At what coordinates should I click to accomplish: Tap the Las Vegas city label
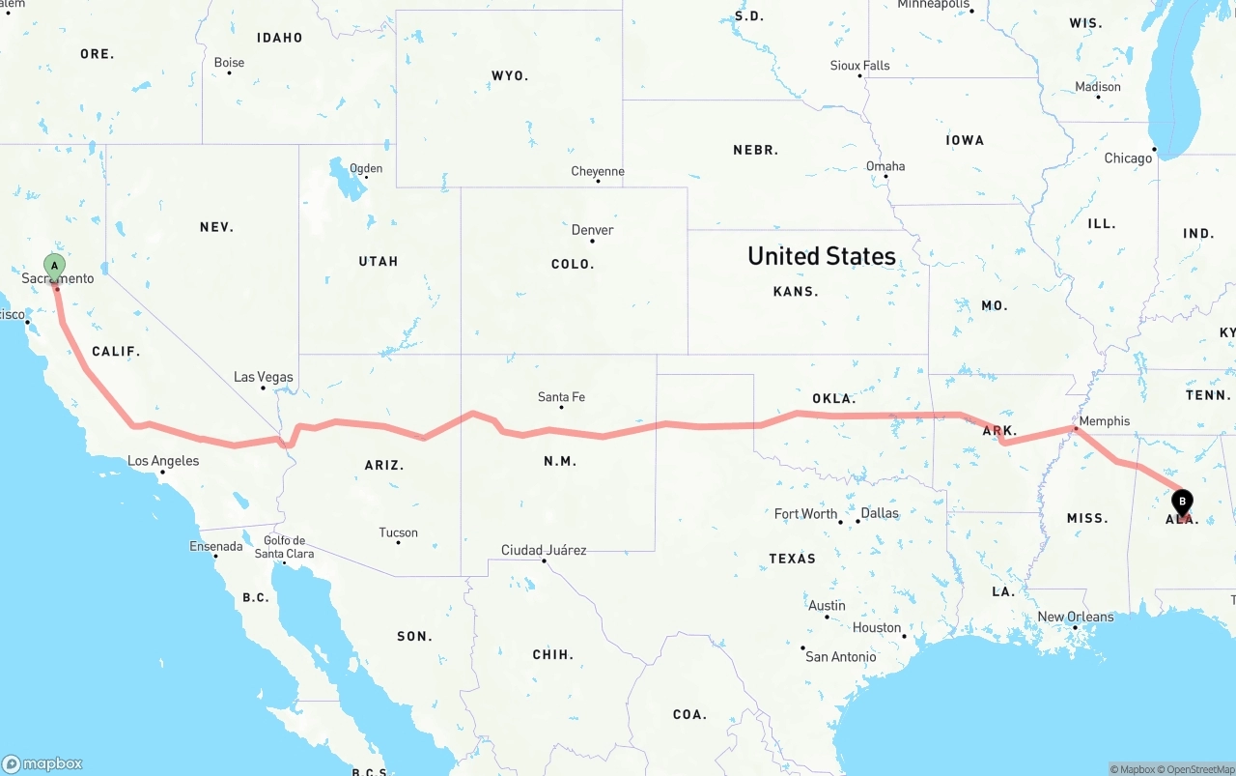[x=264, y=377]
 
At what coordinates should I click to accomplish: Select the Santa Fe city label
[x=561, y=397]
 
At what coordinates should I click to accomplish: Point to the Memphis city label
[x=1105, y=421]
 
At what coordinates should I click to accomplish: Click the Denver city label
[x=592, y=230]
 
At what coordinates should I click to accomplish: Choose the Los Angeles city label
[x=163, y=461]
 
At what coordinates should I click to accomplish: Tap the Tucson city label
[x=398, y=532]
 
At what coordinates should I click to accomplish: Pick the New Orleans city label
[x=1075, y=617]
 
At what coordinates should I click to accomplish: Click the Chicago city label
[x=1128, y=158]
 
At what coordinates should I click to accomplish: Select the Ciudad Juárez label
[x=544, y=550]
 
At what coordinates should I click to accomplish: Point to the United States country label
[x=822, y=256]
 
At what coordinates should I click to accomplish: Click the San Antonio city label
[x=841, y=657]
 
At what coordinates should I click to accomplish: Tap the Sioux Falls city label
[x=859, y=66]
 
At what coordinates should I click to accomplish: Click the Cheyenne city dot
[x=598, y=182]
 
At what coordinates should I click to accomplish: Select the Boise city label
[x=229, y=63]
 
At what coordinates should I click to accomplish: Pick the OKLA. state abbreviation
[x=833, y=398]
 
